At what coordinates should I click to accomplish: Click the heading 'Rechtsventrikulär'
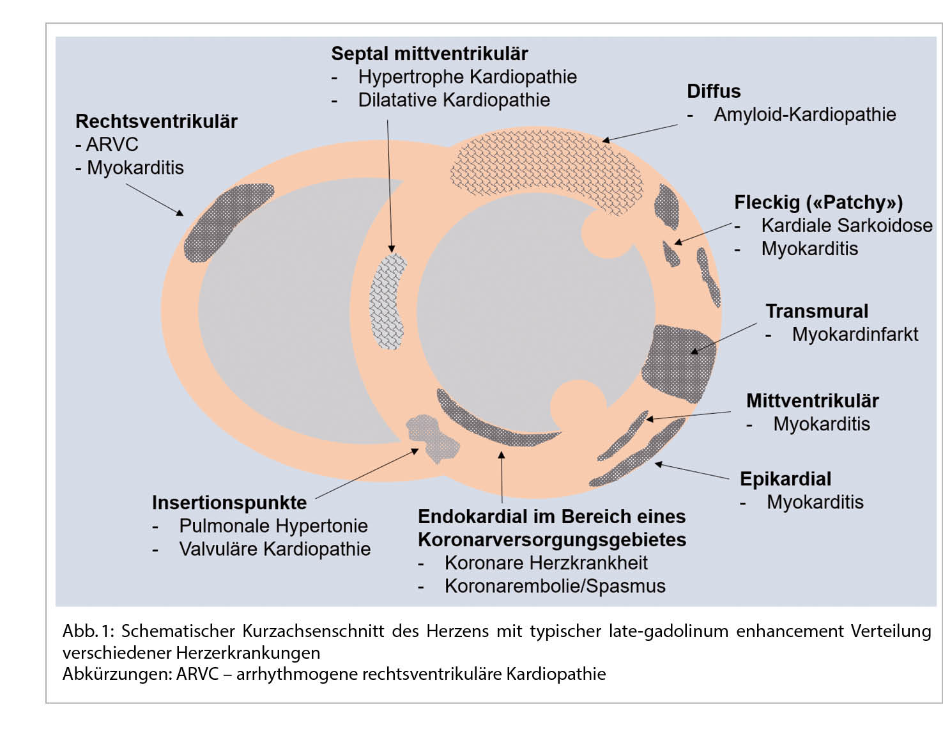(x=156, y=122)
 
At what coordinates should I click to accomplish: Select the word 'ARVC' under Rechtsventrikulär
(x=112, y=145)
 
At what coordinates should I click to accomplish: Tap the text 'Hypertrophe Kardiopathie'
(x=467, y=77)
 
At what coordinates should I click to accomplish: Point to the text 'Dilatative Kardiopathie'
(x=454, y=100)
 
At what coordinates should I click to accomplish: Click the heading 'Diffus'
(x=714, y=91)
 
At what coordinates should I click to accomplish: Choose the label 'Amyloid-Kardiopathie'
(x=804, y=114)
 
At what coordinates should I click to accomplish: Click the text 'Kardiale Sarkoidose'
(x=847, y=225)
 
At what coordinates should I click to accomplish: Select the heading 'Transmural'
(x=816, y=311)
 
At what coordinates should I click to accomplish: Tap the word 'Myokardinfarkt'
(x=855, y=334)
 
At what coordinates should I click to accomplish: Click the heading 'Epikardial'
(x=785, y=479)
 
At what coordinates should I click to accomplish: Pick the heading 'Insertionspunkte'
(x=229, y=503)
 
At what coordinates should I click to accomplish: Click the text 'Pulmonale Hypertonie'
(x=273, y=526)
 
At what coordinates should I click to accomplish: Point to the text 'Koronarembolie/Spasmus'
(x=555, y=586)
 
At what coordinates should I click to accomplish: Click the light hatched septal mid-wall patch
(x=388, y=301)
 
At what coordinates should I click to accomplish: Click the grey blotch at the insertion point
(x=433, y=437)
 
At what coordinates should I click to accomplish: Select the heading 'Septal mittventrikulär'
(x=429, y=54)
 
